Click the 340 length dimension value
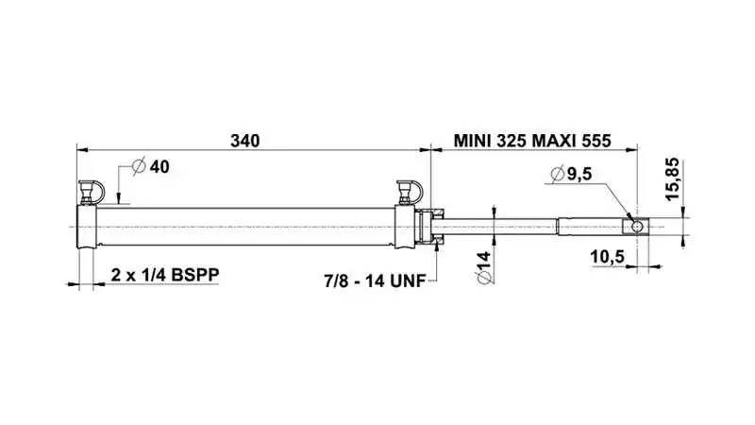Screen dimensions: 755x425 (244, 141)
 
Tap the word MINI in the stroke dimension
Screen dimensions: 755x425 (474, 141)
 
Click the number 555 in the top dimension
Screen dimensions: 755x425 (596, 141)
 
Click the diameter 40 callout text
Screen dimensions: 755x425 (151, 167)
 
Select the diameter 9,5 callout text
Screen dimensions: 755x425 (571, 174)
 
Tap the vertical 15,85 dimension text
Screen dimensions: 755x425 (672, 178)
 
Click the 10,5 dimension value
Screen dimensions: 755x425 (607, 257)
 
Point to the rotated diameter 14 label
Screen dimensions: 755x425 (484, 267)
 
